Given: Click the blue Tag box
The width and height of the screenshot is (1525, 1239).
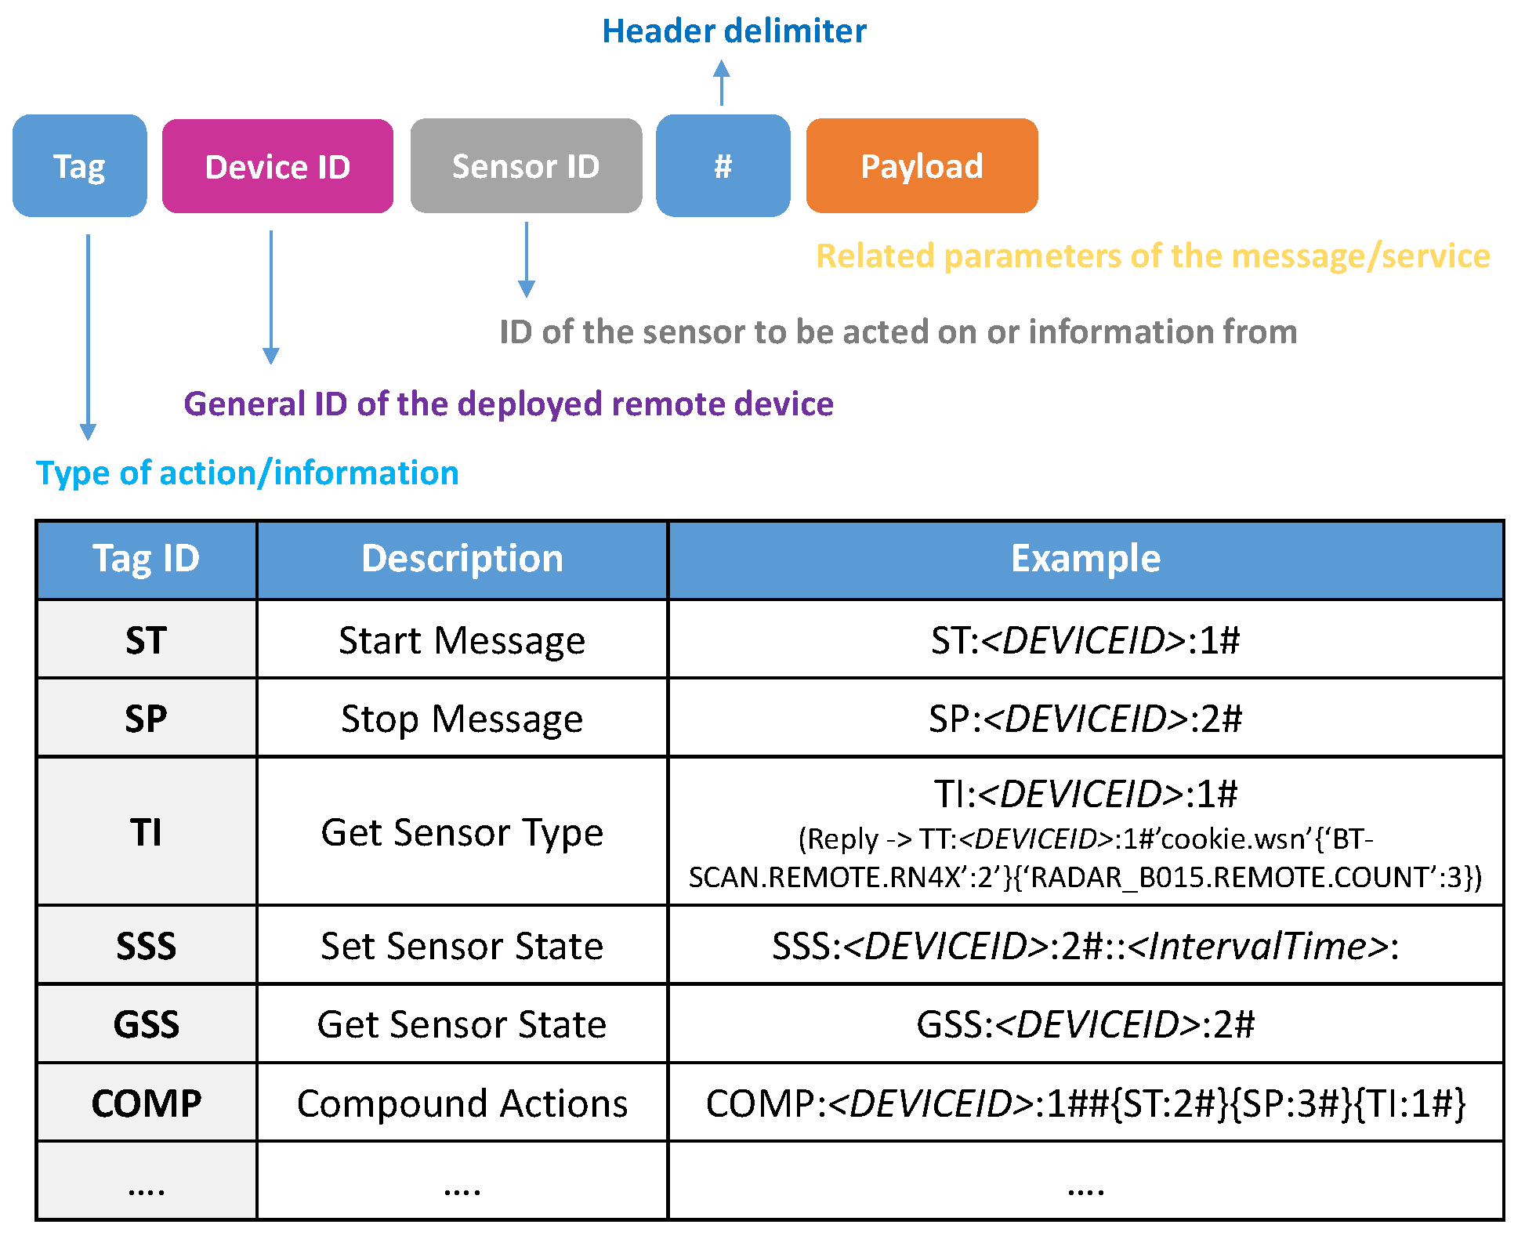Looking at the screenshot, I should (x=79, y=166).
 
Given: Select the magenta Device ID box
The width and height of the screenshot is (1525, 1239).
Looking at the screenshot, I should (x=277, y=166).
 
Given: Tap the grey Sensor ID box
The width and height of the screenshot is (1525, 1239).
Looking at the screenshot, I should (x=526, y=166).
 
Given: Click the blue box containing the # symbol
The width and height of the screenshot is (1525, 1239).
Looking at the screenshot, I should (x=723, y=166).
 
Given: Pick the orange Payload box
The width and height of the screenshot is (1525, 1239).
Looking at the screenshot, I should (x=922, y=166).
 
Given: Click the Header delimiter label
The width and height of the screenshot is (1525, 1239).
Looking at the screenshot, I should (x=734, y=31).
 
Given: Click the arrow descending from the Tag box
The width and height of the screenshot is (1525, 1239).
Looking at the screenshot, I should (x=89, y=337).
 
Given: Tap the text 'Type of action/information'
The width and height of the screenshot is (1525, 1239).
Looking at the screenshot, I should (x=247, y=473).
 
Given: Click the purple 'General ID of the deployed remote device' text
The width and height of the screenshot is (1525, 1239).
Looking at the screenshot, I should (x=508, y=404).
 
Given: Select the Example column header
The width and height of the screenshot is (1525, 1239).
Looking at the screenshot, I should (x=1085, y=560).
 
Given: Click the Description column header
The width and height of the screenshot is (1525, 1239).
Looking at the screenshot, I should (x=462, y=560).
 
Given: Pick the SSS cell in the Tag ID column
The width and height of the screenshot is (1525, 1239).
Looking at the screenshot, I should (x=147, y=946).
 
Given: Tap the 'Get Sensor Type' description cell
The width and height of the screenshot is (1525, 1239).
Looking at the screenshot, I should (x=462, y=832).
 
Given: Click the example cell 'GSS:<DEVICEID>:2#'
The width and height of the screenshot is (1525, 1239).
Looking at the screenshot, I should (x=1085, y=1024).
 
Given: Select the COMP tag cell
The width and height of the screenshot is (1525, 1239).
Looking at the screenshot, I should (x=147, y=1103).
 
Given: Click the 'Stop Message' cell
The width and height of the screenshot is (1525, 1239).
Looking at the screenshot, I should (x=462, y=719).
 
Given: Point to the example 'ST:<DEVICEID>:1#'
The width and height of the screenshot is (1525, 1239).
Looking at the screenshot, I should (x=1085, y=640).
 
